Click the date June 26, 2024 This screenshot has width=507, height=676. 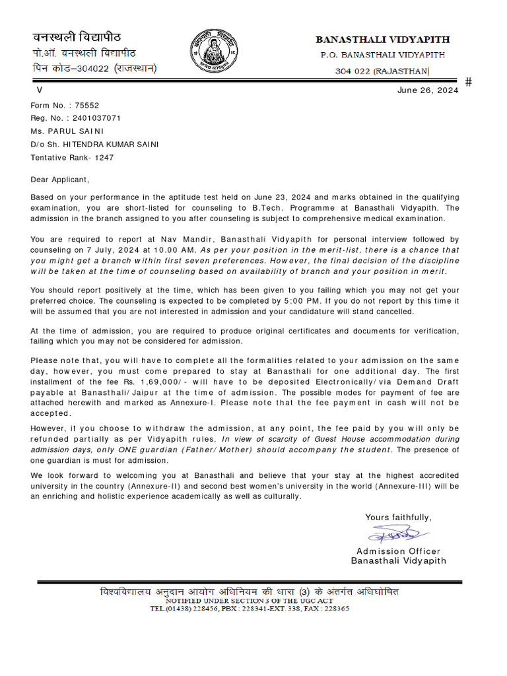[x=428, y=91]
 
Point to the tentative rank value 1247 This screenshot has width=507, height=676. [x=104, y=158]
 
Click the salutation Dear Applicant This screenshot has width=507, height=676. [x=59, y=179]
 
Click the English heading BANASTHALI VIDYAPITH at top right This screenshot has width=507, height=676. [x=382, y=40]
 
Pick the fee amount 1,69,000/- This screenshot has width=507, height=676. [x=162, y=382]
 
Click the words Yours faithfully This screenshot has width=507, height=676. [x=398, y=518]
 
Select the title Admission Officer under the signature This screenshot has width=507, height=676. [x=398, y=551]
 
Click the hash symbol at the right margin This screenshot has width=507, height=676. [x=469, y=82]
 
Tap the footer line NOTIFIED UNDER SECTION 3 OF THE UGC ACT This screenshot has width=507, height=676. [x=250, y=601]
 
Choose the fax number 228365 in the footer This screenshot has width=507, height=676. [x=335, y=609]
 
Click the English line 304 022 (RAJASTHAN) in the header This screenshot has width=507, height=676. [x=382, y=71]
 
